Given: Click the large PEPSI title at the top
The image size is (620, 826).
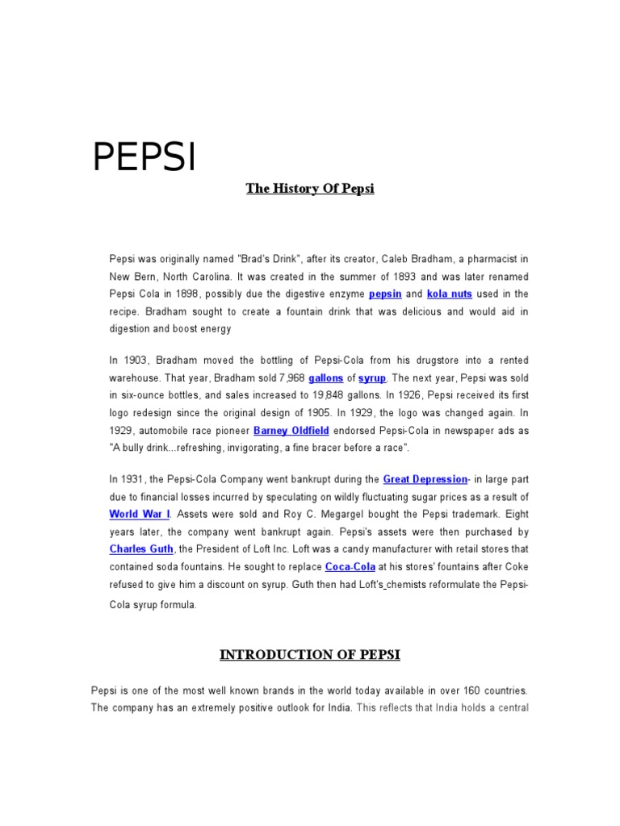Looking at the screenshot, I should tap(144, 157).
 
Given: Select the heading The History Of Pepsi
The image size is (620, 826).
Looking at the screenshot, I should tap(310, 190).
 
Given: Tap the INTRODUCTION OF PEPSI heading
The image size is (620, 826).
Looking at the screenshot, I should tap(310, 655).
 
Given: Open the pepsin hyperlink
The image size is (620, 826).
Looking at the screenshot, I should tap(385, 294).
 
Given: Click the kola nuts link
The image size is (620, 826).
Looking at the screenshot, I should tap(450, 294).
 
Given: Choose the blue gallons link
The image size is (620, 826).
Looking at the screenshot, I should tap(326, 378).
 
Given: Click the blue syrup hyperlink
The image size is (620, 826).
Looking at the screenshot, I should tap(373, 378).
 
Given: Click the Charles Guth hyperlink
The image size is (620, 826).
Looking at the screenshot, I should tap(141, 549).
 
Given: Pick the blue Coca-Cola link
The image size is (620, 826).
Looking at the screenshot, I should tap(350, 567).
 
